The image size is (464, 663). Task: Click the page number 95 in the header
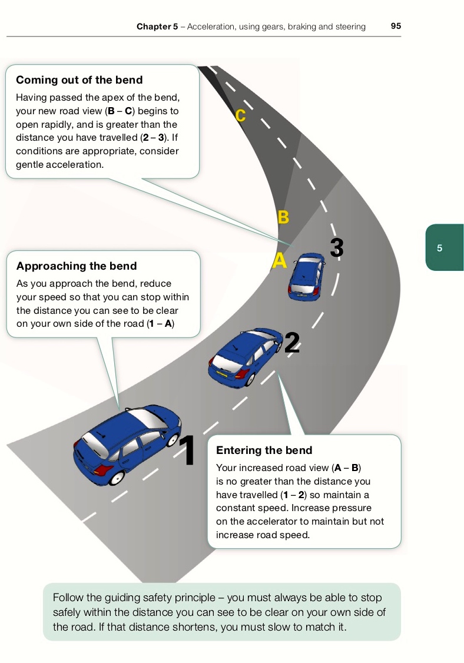pyautogui.click(x=396, y=26)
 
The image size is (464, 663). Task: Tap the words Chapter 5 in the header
pyautogui.click(x=157, y=26)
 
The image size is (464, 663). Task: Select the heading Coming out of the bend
pyautogui.click(x=79, y=80)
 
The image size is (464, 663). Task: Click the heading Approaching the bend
pyautogui.click(x=77, y=266)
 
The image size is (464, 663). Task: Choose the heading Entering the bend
pyautogui.click(x=264, y=450)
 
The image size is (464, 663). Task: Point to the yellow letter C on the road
pyautogui.click(x=240, y=115)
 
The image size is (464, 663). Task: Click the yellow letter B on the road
pyautogui.click(x=283, y=217)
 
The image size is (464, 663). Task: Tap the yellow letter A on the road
pyautogui.click(x=279, y=261)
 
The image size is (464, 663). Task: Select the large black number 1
pyautogui.click(x=187, y=450)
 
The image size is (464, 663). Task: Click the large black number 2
pyautogui.click(x=292, y=343)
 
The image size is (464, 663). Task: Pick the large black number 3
pyautogui.click(x=336, y=248)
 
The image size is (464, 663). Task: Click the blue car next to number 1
pyautogui.click(x=125, y=445)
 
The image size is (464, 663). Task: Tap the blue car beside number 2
pyautogui.click(x=244, y=356)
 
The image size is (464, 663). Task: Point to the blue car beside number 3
pyautogui.click(x=306, y=275)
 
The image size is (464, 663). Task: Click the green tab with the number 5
pyautogui.click(x=444, y=248)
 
